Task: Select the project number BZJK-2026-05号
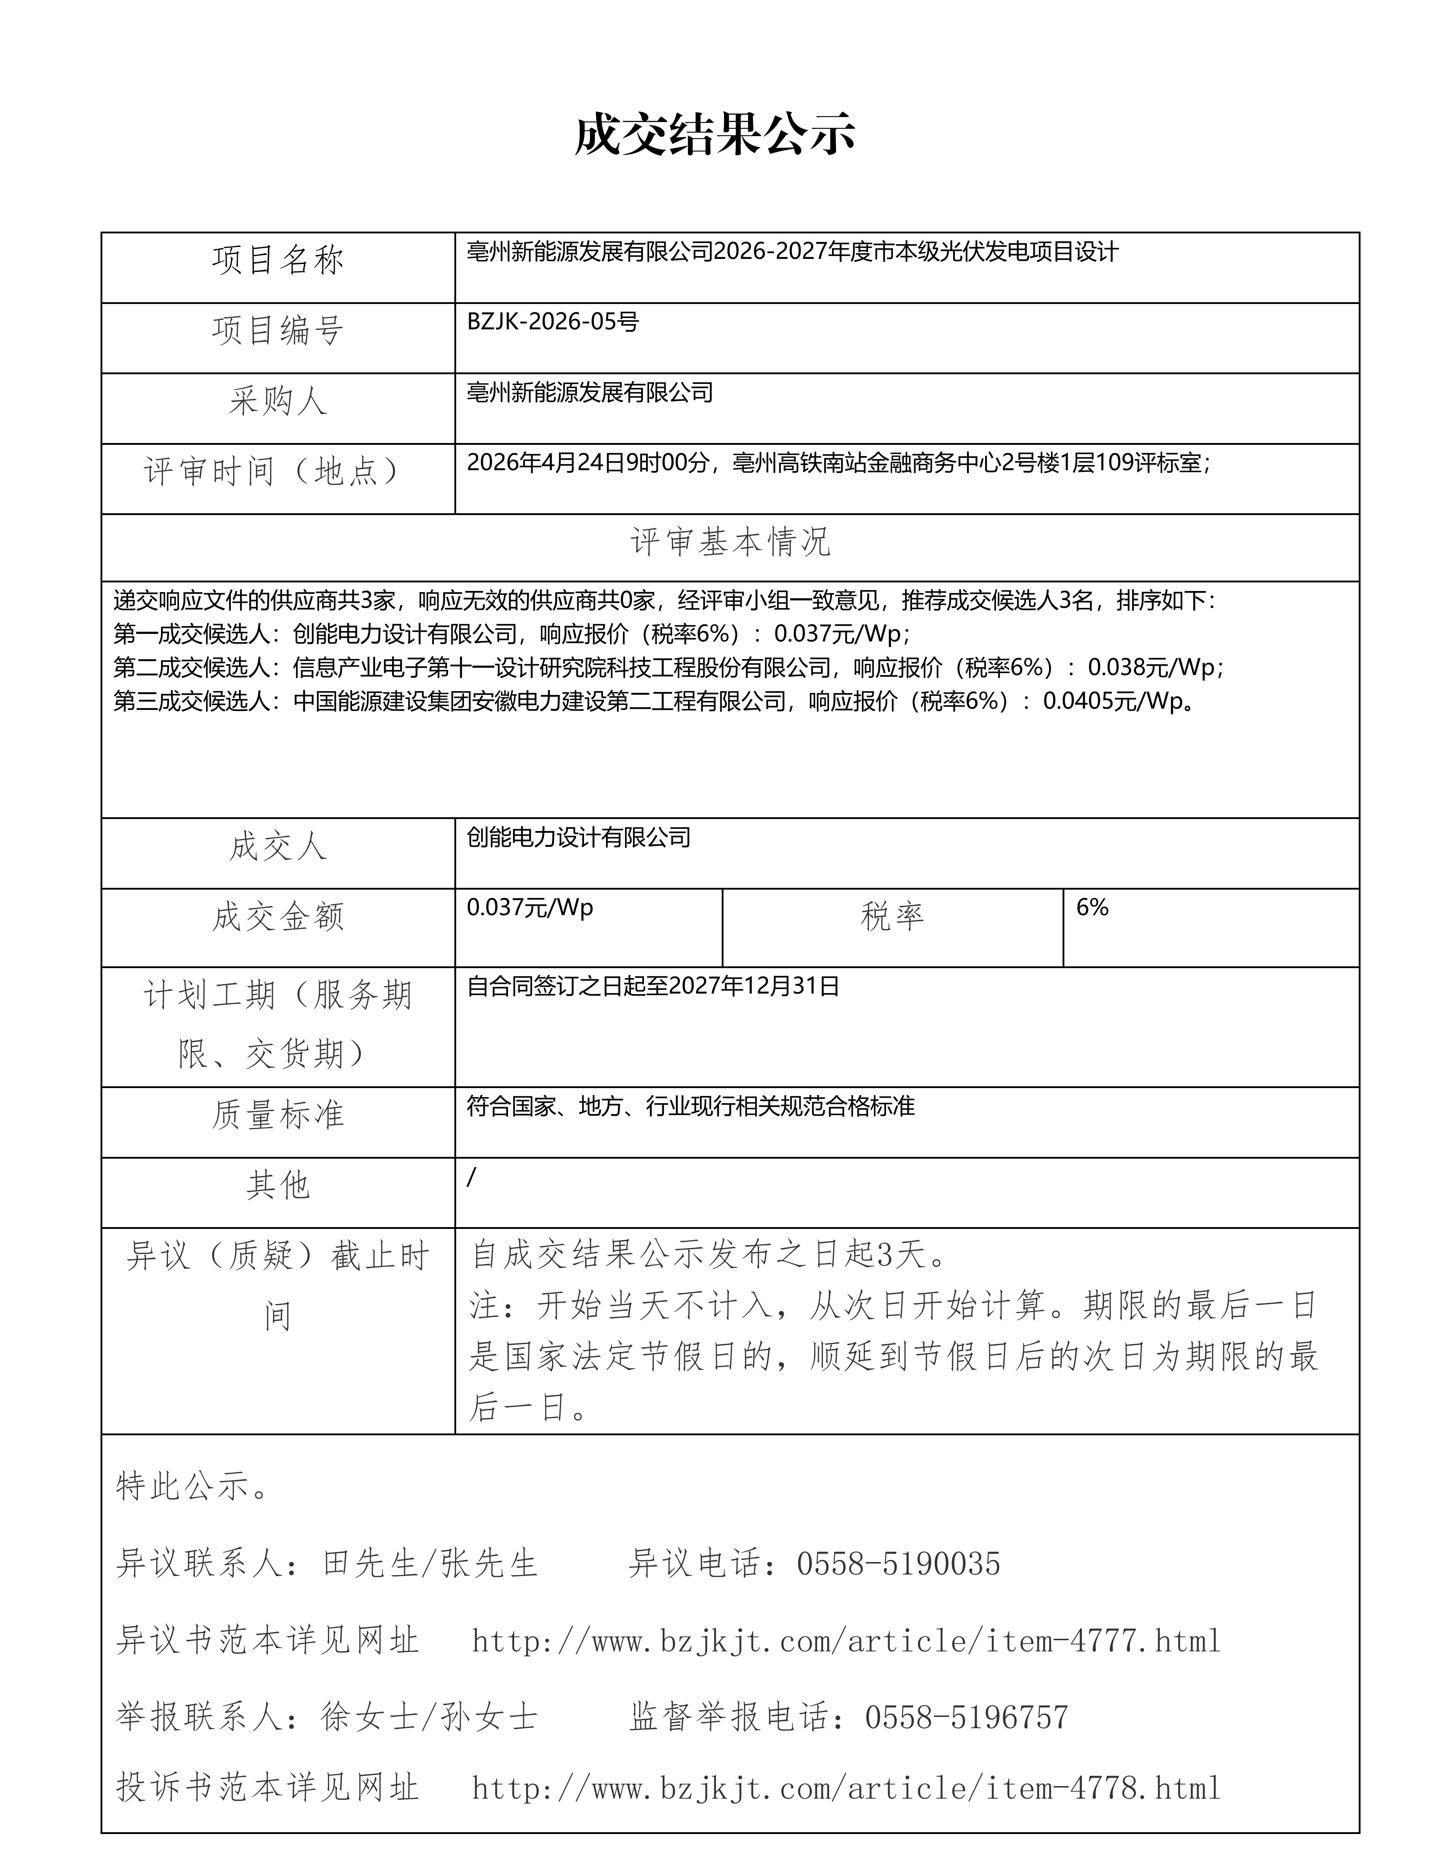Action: (552, 322)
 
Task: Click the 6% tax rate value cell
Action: (1092, 907)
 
